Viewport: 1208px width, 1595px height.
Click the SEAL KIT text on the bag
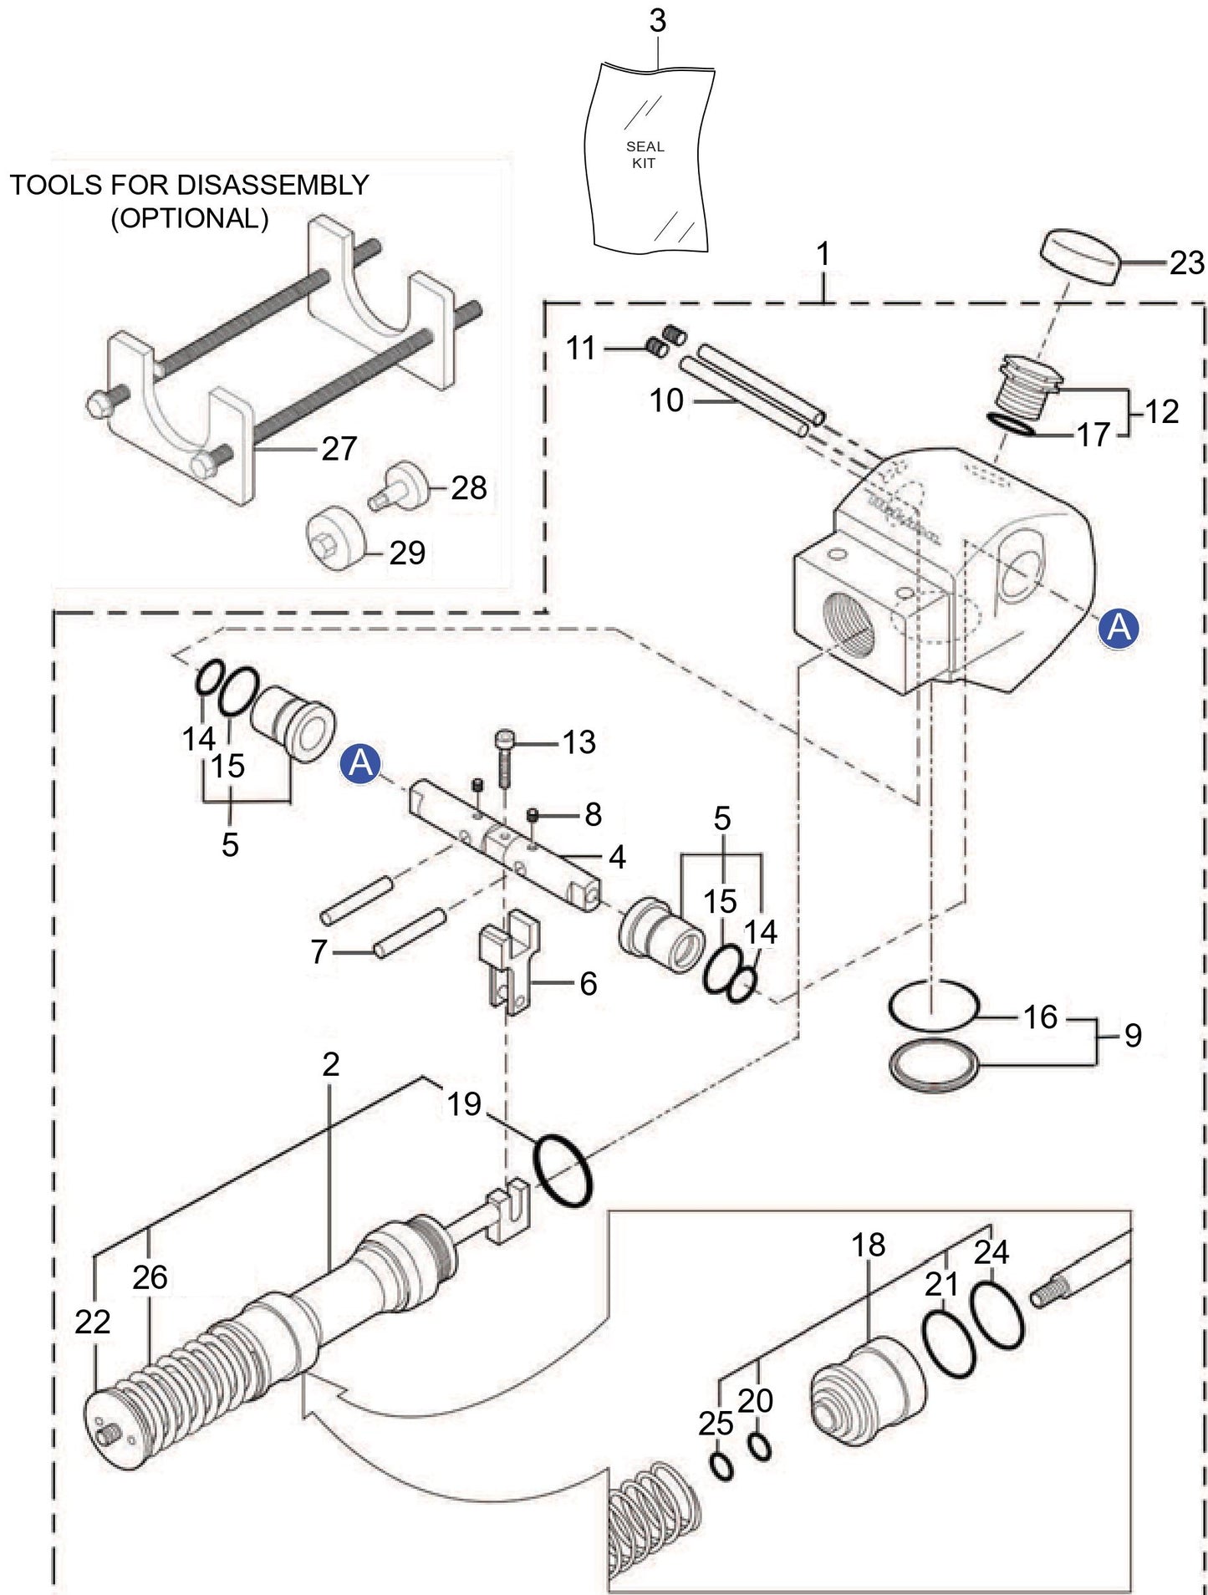tap(645, 155)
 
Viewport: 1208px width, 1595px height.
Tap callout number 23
tap(1186, 263)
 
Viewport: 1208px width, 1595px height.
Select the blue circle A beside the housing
tap(1119, 628)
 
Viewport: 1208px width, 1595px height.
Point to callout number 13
tap(579, 742)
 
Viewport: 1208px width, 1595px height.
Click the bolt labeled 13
tap(504, 757)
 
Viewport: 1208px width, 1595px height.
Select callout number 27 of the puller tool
tap(339, 449)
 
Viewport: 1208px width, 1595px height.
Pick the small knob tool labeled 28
tap(397, 487)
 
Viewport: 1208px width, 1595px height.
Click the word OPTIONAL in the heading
tap(190, 218)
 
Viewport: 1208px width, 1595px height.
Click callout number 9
tap(1133, 1036)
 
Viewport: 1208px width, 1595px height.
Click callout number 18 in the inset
tap(868, 1245)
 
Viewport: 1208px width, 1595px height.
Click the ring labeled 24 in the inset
tap(996, 1315)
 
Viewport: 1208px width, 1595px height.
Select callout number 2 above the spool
tap(331, 1064)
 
